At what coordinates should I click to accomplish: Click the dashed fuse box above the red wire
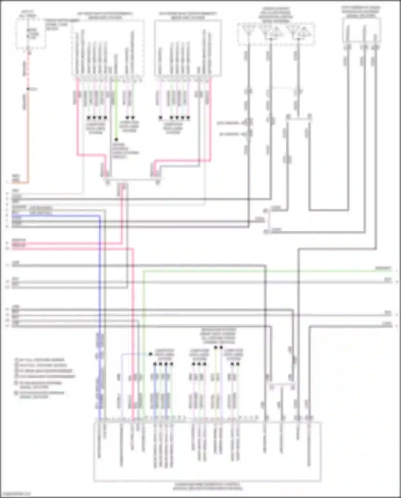30,34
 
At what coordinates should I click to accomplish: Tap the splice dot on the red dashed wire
28,89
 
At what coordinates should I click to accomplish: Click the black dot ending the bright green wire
116,140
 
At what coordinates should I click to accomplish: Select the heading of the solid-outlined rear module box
188,16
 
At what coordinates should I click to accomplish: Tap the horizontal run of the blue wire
56,215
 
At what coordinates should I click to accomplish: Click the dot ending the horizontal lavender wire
151,354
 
